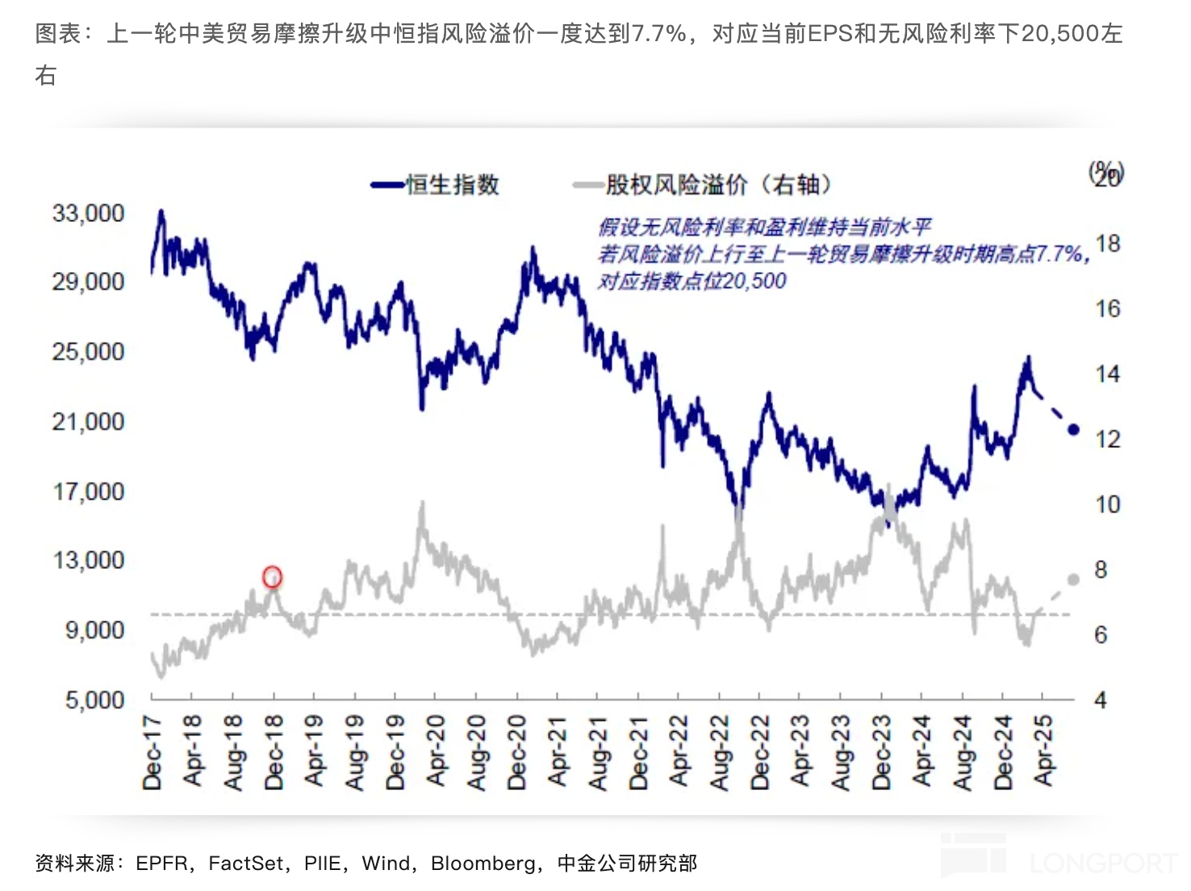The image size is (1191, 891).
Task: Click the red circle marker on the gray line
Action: (273, 577)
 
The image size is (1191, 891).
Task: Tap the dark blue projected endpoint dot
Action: (1073, 429)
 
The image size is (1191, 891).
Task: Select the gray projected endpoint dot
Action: (1073, 579)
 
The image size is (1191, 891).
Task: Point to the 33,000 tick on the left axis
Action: (89, 213)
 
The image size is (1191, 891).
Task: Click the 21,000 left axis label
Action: (89, 421)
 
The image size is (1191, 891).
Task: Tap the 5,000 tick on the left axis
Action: (94, 700)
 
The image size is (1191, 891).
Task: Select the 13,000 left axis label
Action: (89, 560)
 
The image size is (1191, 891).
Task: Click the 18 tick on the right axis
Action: (1108, 244)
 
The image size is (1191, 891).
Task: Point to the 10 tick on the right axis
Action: (1108, 504)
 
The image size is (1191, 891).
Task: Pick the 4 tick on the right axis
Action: (1101, 700)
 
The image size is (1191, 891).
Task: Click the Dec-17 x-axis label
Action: (152, 751)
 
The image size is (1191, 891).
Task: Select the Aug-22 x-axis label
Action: (719, 752)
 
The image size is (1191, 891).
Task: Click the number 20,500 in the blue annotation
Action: (754, 281)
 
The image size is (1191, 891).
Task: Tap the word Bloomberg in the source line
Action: (483, 864)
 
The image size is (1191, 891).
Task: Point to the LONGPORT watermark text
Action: (1102, 863)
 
